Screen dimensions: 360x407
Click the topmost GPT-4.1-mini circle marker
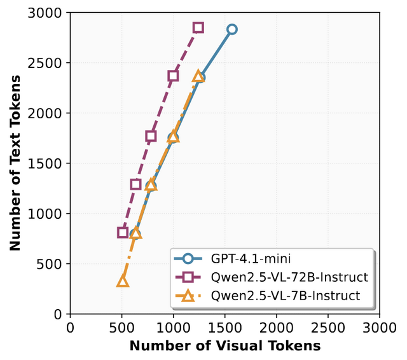click(232, 29)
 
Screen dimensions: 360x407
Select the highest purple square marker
click(198, 27)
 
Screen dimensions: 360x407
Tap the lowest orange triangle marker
click(123, 281)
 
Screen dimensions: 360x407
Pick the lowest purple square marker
click(123, 232)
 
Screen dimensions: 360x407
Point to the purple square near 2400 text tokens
click(173, 76)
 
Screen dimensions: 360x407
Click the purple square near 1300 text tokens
click(135, 184)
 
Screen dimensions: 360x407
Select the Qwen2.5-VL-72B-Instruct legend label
click(289, 277)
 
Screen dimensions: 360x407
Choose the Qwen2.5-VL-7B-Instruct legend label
click(285, 295)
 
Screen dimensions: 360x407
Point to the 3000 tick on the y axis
click(50, 13)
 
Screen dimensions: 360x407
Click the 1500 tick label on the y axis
click(50, 163)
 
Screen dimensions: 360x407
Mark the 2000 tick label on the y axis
click(50, 113)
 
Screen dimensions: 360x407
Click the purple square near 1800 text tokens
click(151, 136)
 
